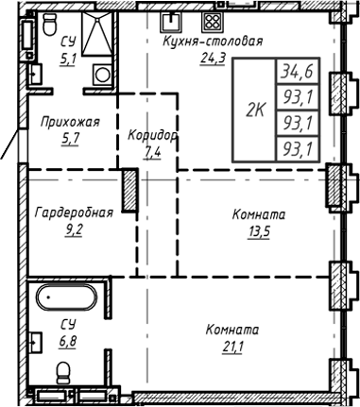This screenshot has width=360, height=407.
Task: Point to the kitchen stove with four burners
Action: [214, 22]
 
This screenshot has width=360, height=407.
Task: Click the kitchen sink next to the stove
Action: [173, 21]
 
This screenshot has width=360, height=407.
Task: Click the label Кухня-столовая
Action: [212, 42]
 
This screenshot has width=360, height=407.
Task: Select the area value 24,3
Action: [212, 57]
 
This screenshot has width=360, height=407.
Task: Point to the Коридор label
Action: [152, 135]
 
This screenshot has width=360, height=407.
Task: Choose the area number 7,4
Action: [152, 150]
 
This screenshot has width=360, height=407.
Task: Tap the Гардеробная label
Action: [73, 212]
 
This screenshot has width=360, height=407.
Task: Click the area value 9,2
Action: [73, 228]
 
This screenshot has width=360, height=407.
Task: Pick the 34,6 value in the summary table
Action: [299, 70]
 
